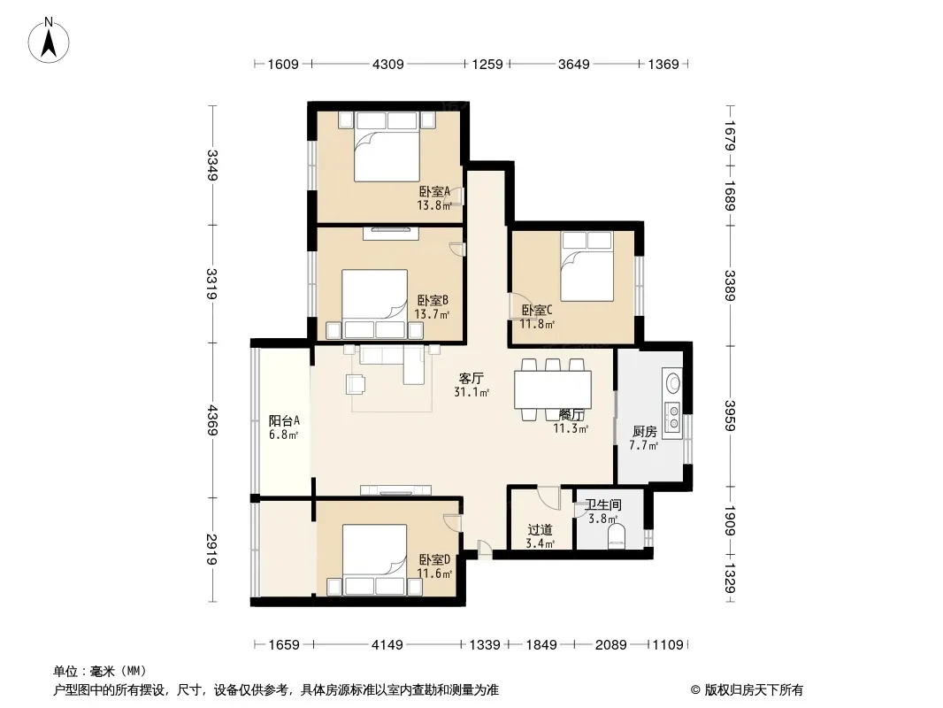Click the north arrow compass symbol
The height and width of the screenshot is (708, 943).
pos(49,41)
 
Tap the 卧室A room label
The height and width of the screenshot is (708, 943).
pos(435,192)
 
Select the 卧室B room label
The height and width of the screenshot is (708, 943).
pos(433,300)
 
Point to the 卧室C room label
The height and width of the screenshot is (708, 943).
pos(536,311)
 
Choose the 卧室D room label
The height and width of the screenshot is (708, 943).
pos(435,560)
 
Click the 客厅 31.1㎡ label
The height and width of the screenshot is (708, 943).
pos(471,385)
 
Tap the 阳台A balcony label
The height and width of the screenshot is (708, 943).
pos(284,420)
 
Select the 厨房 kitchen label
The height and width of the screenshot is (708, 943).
pos(644,431)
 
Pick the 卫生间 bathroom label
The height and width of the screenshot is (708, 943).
pos(603,504)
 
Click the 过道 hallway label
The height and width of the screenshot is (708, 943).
pos(540,530)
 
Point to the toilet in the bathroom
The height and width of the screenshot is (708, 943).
pos(617,535)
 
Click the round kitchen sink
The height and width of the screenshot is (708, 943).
pos(673,382)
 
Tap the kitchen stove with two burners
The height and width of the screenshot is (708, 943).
pos(672,418)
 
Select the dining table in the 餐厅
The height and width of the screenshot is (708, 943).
pos(553,389)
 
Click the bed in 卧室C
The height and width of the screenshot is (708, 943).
pos(587,265)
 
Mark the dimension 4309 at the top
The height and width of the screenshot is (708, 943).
pos(388,64)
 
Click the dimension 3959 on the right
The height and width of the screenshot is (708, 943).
pos(730,416)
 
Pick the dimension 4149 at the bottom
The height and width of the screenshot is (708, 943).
pos(387,645)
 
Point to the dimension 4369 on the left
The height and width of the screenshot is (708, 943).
pos(212,419)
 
